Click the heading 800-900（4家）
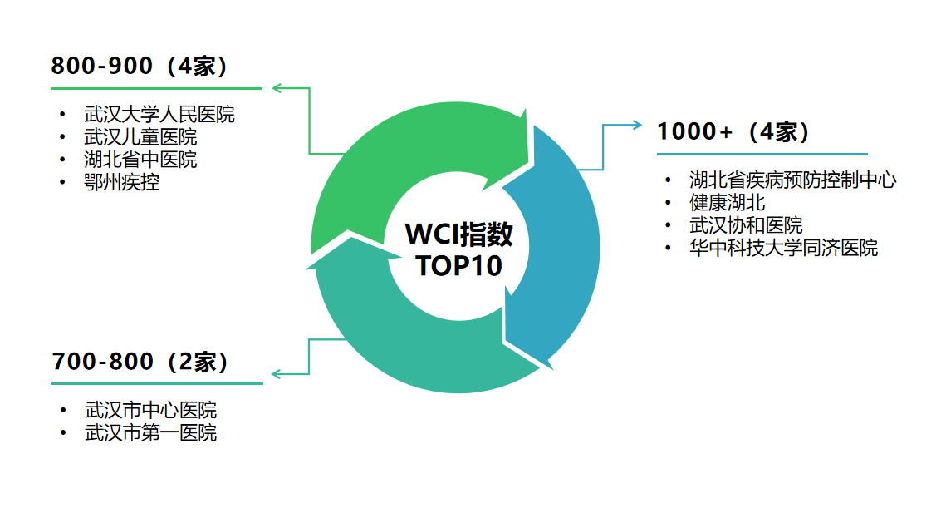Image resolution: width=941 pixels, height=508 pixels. [x=140, y=67]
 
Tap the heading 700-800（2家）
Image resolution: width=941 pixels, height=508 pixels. [x=140, y=362]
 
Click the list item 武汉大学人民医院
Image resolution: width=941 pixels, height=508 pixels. [x=159, y=115]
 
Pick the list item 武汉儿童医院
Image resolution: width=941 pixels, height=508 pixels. [x=140, y=137]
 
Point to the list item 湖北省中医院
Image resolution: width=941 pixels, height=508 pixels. [x=140, y=160]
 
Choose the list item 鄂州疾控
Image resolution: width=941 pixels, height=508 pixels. [x=122, y=182]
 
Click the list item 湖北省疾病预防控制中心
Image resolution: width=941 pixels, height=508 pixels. [x=792, y=180]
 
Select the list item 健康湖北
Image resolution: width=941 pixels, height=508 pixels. [x=727, y=202]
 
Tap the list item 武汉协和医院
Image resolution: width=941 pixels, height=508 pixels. [x=746, y=225]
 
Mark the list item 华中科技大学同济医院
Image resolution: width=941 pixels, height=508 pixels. [x=783, y=248]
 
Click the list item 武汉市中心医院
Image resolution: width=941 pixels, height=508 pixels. [x=150, y=410]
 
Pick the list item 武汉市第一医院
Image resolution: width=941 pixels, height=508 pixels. [x=150, y=432]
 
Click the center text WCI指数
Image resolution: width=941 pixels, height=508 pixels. [x=458, y=235]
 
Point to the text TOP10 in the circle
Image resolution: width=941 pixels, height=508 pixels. [x=458, y=266]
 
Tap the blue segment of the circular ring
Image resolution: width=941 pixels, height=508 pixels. [x=565, y=249]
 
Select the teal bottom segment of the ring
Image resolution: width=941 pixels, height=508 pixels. [x=399, y=349]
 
